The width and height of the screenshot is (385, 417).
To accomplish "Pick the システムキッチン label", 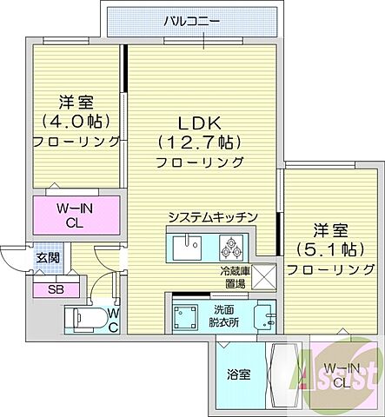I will point(212,217).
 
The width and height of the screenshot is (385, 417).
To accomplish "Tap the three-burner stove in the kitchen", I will point(234,247).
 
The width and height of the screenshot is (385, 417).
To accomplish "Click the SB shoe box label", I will point(55,290).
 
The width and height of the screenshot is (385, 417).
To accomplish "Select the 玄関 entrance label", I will point(47,258).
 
